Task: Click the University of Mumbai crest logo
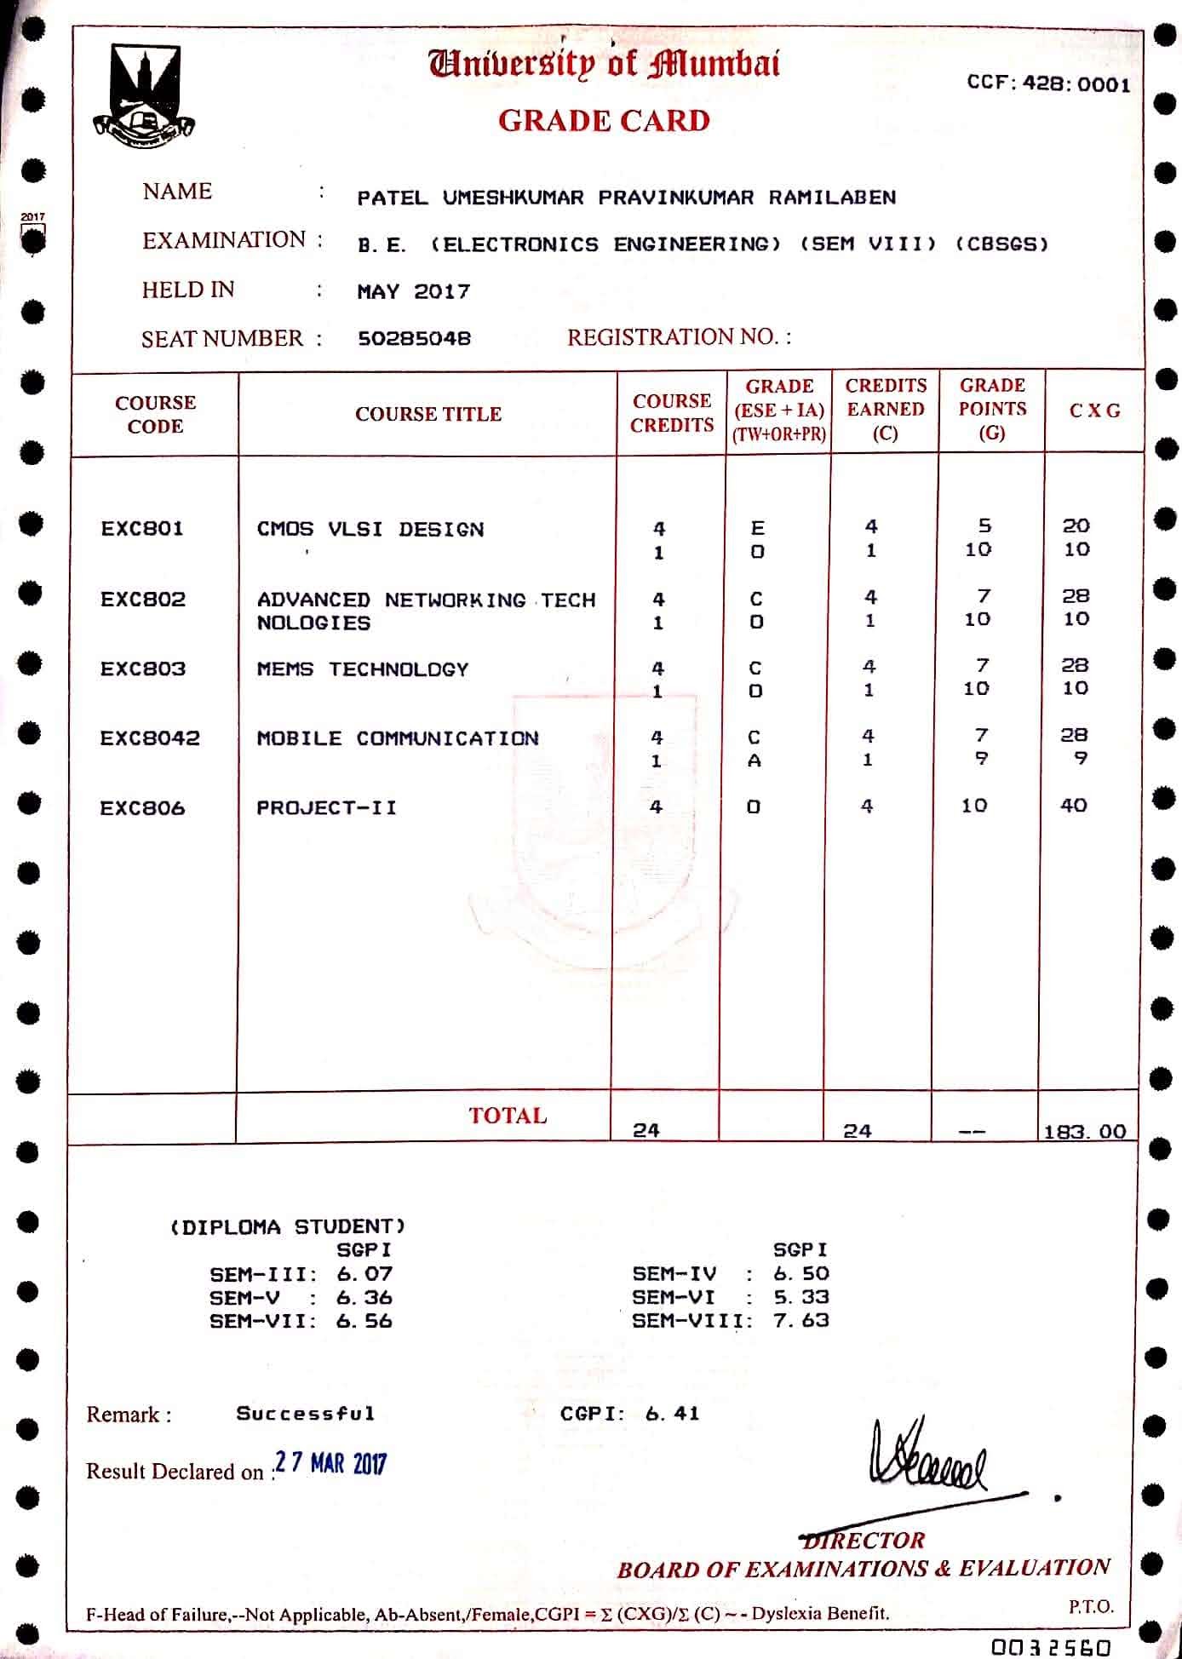[143, 95]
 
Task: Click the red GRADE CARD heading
[604, 121]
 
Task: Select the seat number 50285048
[414, 339]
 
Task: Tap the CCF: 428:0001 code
[1048, 84]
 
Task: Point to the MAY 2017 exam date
[413, 292]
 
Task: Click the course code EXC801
[142, 529]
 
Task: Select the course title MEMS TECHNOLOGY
[363, 669]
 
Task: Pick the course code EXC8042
[150, 738]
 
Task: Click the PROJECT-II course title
[327, 807]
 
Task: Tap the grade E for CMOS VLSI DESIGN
[757, 528]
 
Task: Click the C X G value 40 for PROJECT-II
[1073, 806]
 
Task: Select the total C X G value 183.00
[1085, 1131]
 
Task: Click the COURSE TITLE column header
[427, 415]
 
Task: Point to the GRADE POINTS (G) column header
[992, 409]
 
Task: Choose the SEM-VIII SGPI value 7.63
[801, 1320]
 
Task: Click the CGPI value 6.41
[672, 1414]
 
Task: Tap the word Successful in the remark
[306, 1414]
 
